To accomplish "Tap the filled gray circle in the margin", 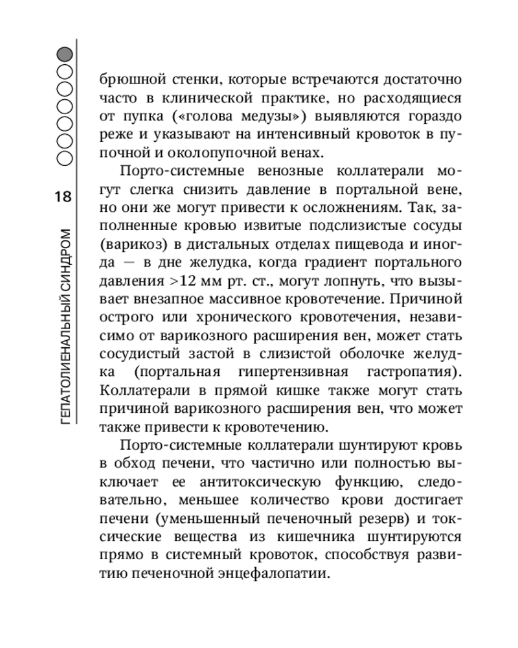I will point(65,56).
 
